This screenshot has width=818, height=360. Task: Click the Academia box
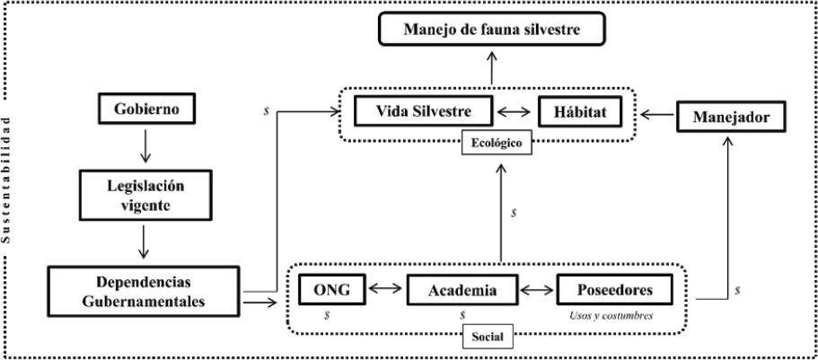click(463, 290)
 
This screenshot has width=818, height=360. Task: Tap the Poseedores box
click(615, 290)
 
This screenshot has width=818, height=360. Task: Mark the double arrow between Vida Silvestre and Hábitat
click(518, 113)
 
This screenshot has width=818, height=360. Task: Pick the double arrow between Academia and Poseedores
click(539, 290)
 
